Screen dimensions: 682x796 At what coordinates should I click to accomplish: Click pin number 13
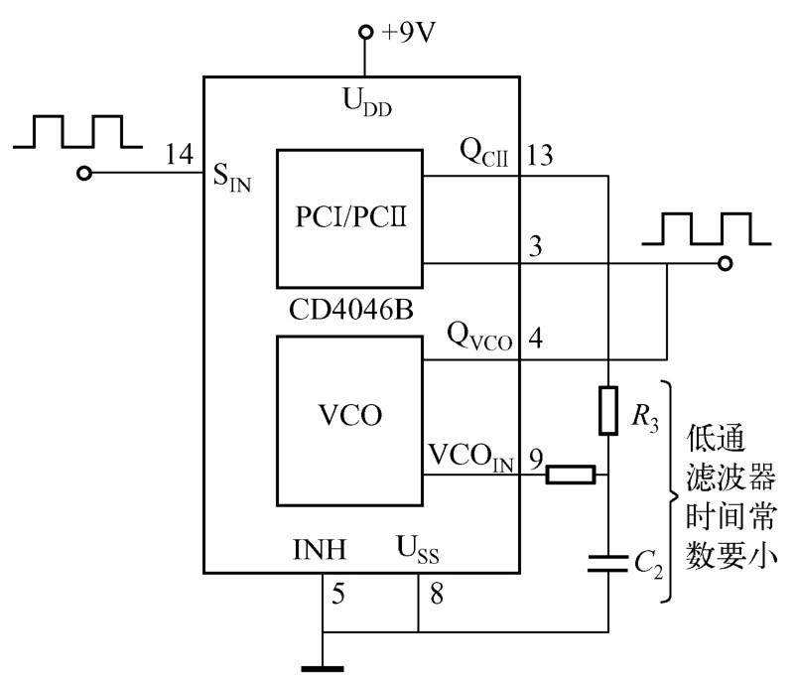click(541, 156)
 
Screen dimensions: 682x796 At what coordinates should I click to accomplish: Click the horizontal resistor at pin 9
click(570, 475)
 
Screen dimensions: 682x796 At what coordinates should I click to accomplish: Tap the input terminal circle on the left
click(86, 174)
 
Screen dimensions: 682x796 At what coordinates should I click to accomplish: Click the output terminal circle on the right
click(727, 264)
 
